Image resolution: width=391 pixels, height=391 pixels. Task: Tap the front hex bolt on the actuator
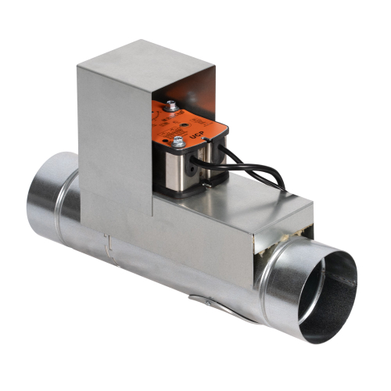coord(178,142)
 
